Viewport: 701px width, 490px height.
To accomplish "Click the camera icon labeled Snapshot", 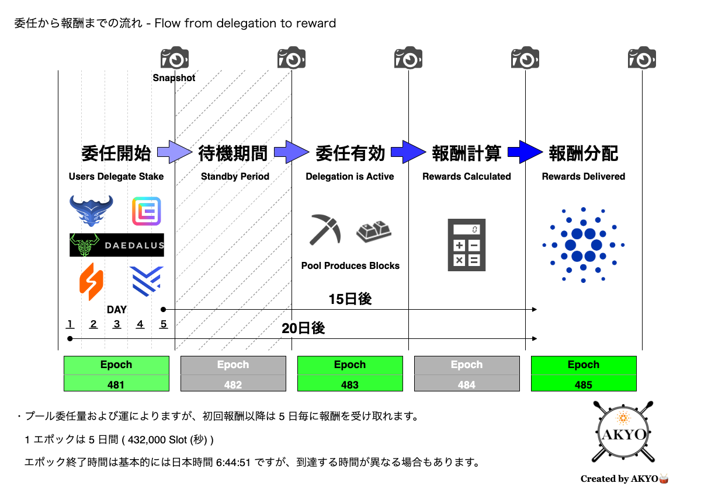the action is [x=175, y=57].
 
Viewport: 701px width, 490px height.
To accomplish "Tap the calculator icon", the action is [x=467, y=244].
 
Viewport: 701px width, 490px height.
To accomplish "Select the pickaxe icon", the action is [x=325, y=229].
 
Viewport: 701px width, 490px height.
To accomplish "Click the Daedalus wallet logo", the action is [x=117, y=245].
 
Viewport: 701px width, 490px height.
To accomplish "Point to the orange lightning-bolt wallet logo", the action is [x=91, y=282].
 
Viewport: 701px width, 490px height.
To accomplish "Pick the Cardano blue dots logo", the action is [x=584, y=244].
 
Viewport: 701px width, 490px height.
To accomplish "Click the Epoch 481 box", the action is [x=116, y=373].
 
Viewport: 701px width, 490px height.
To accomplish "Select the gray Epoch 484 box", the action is [x=467, y=373].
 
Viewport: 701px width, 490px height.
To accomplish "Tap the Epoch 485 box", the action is [x=584, y=373].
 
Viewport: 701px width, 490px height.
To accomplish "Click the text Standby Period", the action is [x=235, y=176].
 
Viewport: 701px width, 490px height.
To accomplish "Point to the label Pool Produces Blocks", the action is [x=350, y=265].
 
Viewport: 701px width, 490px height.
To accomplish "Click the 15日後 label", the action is [x=350, y=299].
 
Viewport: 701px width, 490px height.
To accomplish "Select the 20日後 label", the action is [x=303, y=328].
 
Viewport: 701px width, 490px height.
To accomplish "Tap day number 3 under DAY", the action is [x=117, y=324].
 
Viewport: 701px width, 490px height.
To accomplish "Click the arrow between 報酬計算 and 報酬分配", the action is [x=525, y=152].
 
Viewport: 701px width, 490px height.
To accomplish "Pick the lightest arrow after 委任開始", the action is [x=175, y=152].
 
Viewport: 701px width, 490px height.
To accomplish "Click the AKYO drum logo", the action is [x=623, y=432].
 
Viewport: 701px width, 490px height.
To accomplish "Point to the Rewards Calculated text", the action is [x=467, y=176].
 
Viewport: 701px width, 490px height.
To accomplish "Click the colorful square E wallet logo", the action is [x=147, y=211].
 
